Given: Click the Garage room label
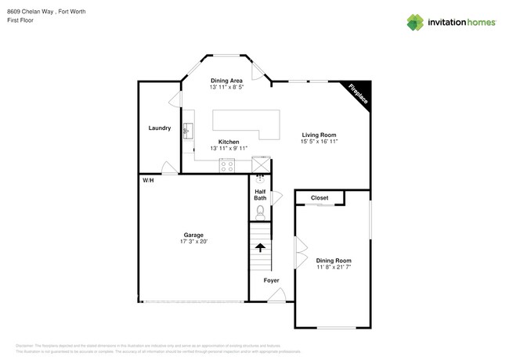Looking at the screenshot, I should pyautogui.click(x=194, y=234).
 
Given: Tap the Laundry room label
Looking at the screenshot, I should pyautogui.click(x=160, y=128).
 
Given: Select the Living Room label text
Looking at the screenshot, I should pyautogui.click(x=318, y=135).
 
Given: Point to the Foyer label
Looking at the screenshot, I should pyautogui.click(x=271, y=279).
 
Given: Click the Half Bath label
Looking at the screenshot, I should pyautogui.click(x=260, y=195).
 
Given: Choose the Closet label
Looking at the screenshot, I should pyautogui.click(x=319, y=198).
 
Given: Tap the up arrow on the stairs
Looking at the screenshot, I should pyautogui.click(x=260, y=247).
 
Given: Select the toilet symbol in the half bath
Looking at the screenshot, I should pyautogui.click(x=261, y=211).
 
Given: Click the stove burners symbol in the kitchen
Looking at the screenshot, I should pyautogui.click(x=227, y=165).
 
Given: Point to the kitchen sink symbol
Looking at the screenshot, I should pyautogui.click(x=188, y=130).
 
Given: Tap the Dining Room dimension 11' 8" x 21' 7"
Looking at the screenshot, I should pyautogui.click(x=334, y=268).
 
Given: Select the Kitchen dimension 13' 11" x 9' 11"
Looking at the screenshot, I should pyautogui.click(x=229, y=149).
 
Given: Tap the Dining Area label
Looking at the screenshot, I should pyautogui.click(x=227, y=81).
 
